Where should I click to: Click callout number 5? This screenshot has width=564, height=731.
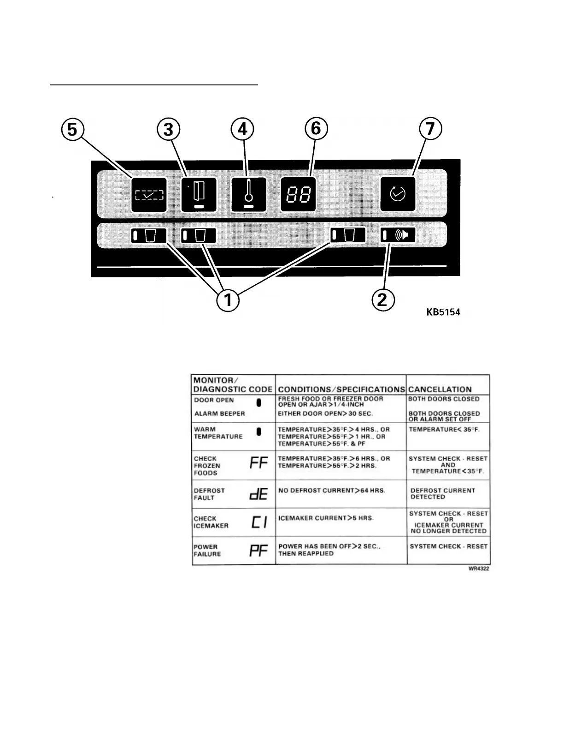pyautogui.click(x=72, y=129)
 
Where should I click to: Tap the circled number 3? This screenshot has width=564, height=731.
pyautogui.click(x=168, y=129)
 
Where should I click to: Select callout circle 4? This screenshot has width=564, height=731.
pyautogui.click(x=242, y=129)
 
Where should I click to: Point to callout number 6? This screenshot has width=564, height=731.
pyautogui.click(x=316, y=128)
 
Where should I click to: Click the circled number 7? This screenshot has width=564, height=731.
pyautogui.click(x=430, y=129)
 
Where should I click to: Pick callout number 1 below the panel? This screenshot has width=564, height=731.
pyautogui.click(x=228, y=300)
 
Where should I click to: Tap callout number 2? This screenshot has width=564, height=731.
pyautogui.click(x=382, y=300)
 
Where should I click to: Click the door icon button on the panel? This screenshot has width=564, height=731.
pyautogui.click(x=199, y=194)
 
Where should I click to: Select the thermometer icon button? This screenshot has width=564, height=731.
pyautogui.click(x=248, y=194)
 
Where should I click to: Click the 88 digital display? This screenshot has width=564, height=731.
pyautogui.click(x=298, y=194)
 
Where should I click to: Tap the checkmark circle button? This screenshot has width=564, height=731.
pyautogui.click(x=398, y=194)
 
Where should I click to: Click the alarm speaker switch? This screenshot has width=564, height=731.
pyautogui.click(x=398, y=235)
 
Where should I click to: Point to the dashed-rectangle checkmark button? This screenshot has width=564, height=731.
pyautogui.click(x=149, y=195)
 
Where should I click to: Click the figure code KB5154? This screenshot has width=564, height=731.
pyautogui.click(x=443, y=312)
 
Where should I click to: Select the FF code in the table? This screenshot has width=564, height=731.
pyautogui.click(x=258, y=463)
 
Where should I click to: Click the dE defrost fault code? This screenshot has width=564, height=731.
pyautogui.click(x=258, y=494)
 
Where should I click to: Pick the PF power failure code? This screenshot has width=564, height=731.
pyautogui.click(x=258, y=551)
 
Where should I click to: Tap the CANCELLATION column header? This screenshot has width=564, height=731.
pyautogui.click(x=440, y=389)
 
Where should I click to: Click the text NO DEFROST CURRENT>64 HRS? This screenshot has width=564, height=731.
pyautogui.click(x=332, y=491)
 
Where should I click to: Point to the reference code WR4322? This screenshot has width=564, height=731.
pyautogui.click(x=479, y=569)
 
